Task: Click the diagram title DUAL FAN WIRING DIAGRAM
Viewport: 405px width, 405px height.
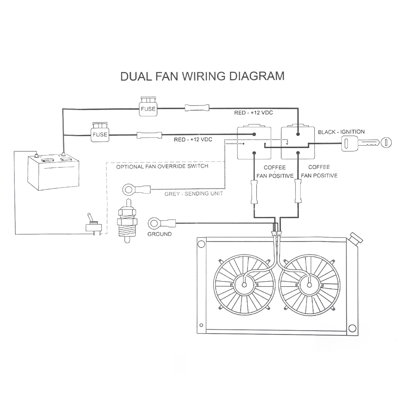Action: click(202, 76)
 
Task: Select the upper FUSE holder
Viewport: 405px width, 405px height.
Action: click(148, 107)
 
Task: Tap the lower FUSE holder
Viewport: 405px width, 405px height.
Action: click(100, 133)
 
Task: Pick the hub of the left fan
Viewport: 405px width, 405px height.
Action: click(244, 285)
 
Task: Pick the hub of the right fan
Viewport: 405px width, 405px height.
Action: click(309, 285)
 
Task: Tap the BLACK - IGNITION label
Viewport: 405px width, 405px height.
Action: click(341, 132)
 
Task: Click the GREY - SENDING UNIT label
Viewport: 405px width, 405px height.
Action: click(194, 194)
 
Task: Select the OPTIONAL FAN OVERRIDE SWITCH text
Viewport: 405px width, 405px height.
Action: click(162, 167)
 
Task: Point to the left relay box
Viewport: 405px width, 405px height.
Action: click(254, 143)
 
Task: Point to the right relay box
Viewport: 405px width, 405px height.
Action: click(298, 143)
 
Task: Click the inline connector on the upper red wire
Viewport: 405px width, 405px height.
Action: click(197, 108)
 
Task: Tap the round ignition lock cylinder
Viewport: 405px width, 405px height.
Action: click(386, 143)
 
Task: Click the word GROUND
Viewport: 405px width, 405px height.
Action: click(159, 234)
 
